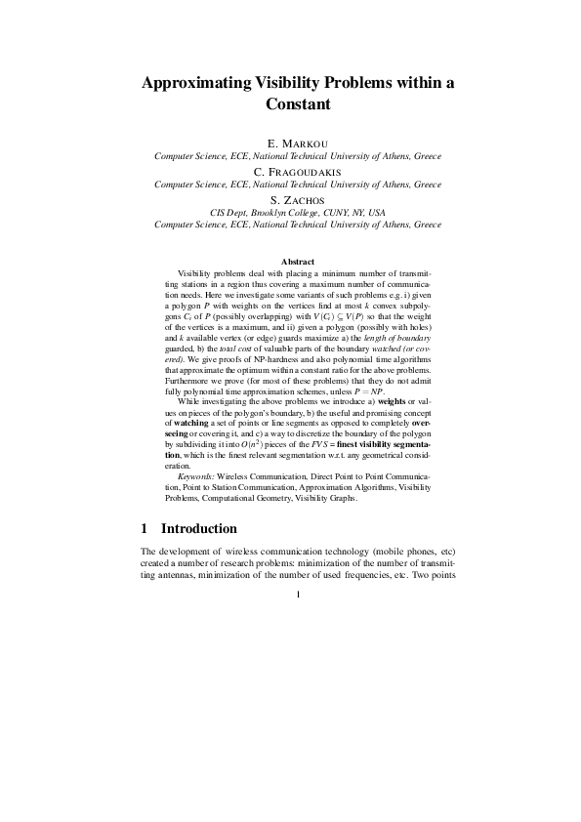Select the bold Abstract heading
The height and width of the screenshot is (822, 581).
point(298,262)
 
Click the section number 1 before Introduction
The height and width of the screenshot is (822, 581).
point(145,529)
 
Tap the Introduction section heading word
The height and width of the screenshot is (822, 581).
point(199,529)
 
